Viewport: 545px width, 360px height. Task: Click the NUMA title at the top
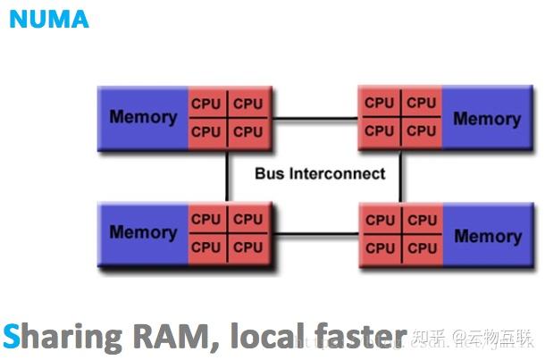(49, 19)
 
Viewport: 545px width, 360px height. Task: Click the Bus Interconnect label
(320, 173)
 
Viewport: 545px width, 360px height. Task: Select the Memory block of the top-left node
(142, 118)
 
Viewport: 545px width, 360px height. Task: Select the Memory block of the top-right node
(487, 118)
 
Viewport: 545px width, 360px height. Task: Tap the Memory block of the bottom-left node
(142, 232)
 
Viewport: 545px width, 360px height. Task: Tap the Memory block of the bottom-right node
(487, 236)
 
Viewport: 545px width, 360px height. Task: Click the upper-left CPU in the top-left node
(206, 105)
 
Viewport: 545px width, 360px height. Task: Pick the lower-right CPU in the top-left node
(248, 132)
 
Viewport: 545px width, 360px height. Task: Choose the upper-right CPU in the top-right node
(422, 104)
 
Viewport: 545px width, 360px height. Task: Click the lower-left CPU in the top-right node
(380, 130)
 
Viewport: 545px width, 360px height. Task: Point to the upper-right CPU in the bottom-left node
(248, 219)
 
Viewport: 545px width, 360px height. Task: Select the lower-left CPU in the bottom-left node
(206, 247)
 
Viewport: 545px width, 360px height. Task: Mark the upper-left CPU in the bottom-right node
(380, 220)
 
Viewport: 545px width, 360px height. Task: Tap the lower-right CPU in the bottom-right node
(422, 247)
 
